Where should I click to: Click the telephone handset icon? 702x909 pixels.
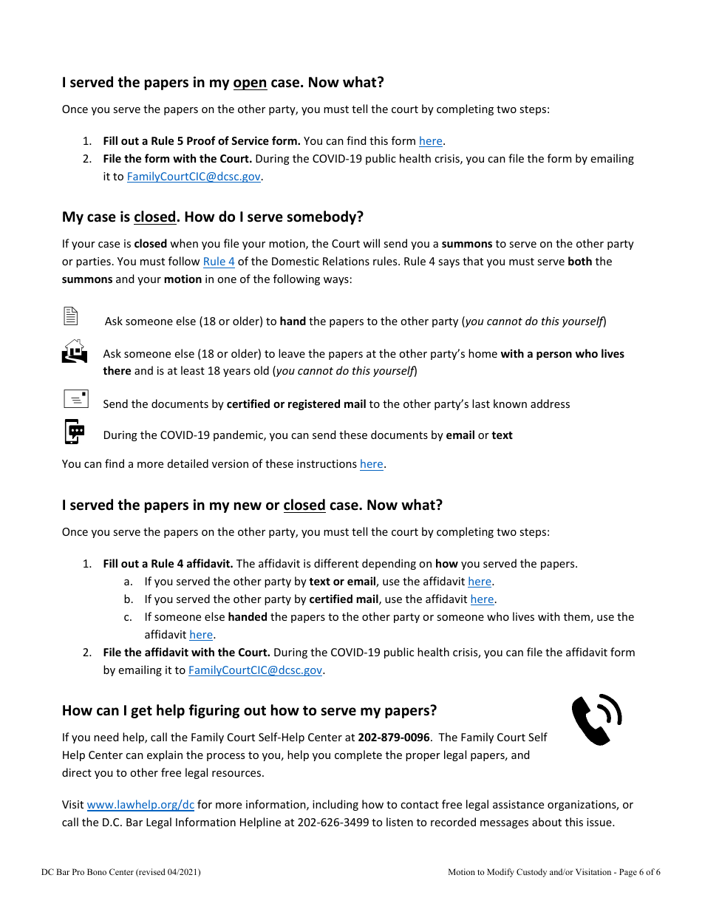point(596,719)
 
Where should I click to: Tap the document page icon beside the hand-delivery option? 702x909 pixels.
point(71,316)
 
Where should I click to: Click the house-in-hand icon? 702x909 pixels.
point(74,351)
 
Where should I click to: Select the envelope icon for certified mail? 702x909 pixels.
point(76,399)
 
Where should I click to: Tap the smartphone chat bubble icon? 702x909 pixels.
point(75,432)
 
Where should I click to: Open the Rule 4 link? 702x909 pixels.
point(219,262)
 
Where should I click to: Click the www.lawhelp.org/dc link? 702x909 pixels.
point(140,805)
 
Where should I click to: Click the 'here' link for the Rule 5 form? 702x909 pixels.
point(430,141)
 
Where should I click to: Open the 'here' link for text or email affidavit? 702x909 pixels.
point(480,582)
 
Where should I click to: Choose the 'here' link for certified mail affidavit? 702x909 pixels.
point(482,599)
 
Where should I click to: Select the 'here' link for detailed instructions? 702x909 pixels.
point(371,464)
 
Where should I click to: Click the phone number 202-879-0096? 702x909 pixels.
point(394,738)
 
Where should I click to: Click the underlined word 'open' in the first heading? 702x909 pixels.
point(250,83)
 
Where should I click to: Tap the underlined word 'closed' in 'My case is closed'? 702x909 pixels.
point(155,217)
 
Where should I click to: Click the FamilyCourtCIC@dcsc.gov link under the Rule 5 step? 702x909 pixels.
point(194,177)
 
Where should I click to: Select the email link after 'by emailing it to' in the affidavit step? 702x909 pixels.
point(255,670)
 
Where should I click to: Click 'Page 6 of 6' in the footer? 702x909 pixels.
point(640,872)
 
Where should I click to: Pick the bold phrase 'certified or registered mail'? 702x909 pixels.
point(296,404)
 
